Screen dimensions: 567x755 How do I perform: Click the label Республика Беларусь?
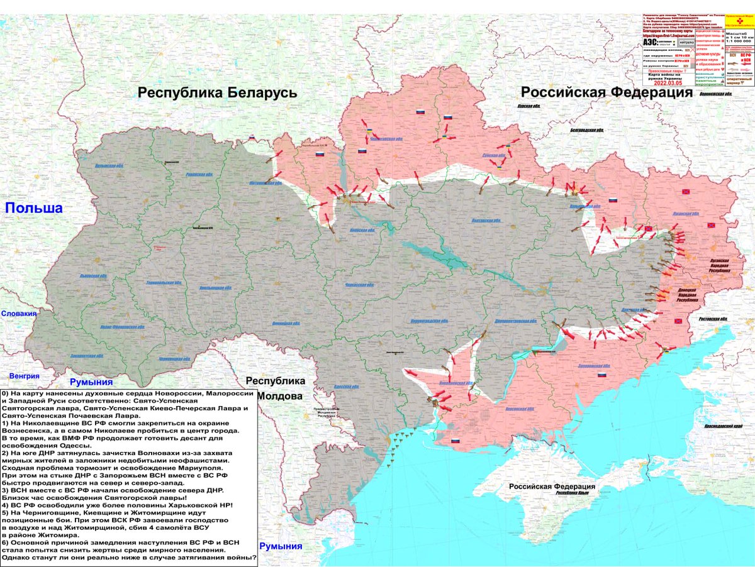point(217,93)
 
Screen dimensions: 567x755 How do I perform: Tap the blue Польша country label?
point(34,209)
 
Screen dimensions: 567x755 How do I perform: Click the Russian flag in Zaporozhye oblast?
point(602,375)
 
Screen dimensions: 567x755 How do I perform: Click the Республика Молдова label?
point(275,388)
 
